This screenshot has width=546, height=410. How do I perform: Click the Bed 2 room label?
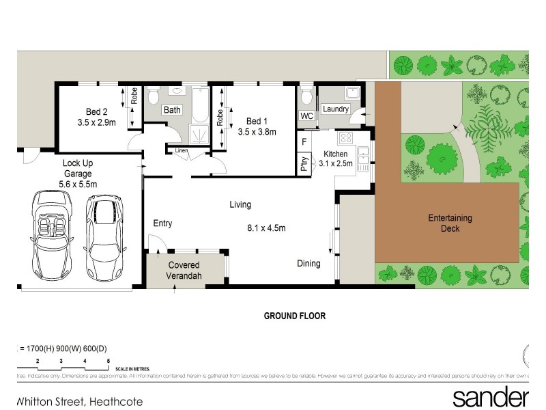(x=96, y=112)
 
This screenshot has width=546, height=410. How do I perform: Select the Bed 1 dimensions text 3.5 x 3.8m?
(x=257, y=132)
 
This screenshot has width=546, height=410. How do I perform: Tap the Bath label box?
(x=171, y=109)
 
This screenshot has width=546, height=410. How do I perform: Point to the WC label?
(x=306, y=116)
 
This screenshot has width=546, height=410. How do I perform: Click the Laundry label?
(x=336, y=109)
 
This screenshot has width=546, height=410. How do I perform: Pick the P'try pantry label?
(x=304, y=164)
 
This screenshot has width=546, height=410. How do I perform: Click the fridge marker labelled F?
(x=304, y=141)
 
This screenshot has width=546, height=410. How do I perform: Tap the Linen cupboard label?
(x=181, y=150)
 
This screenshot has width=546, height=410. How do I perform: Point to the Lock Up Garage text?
(x=78, y=174)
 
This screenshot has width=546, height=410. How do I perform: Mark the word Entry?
(x=162, y=223)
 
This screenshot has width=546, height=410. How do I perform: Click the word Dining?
(x=308, y=263)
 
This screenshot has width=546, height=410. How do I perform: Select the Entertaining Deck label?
(x=450, y=223)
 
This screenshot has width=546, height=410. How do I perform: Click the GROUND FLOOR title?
(x=295, y=316)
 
